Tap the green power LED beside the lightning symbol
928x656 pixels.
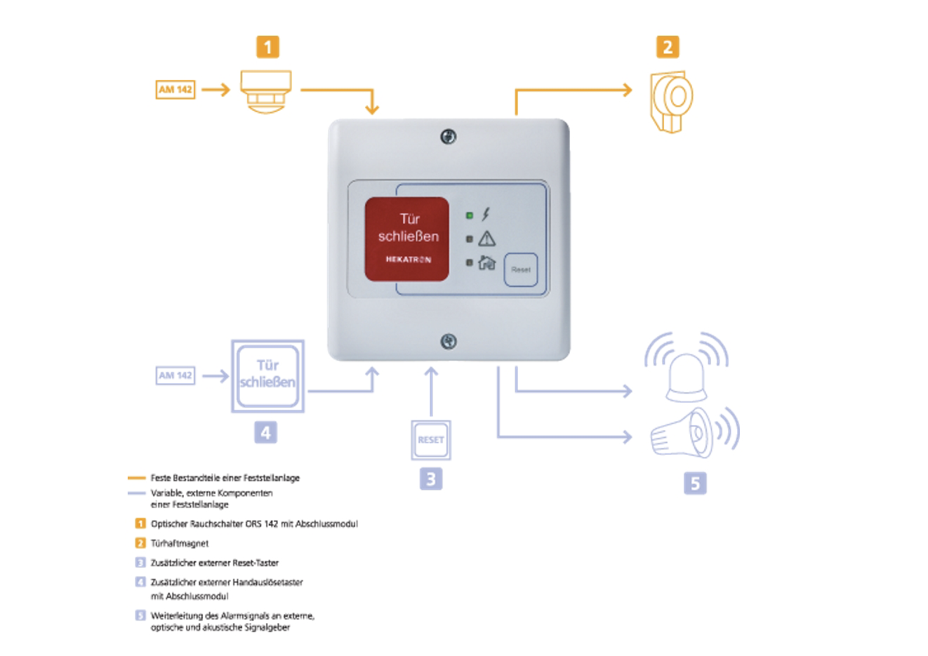(470, 215)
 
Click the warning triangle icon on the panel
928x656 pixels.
(486, 239)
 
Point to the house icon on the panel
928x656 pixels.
(486, 263)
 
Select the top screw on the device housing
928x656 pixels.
(448, 136)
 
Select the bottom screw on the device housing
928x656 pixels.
(448, 342)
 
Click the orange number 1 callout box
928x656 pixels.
(267, 47)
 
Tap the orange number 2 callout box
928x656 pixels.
(667, 47)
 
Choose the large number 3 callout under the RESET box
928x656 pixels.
(430, 479)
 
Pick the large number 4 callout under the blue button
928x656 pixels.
(265, 432)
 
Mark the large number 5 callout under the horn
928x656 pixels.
(694, 483)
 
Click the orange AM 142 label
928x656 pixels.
(175, 90)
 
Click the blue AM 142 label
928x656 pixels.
(175, 375)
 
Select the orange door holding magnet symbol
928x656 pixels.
(672, 100)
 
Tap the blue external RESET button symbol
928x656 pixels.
(430, 440)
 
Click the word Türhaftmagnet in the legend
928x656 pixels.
(180, 543)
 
